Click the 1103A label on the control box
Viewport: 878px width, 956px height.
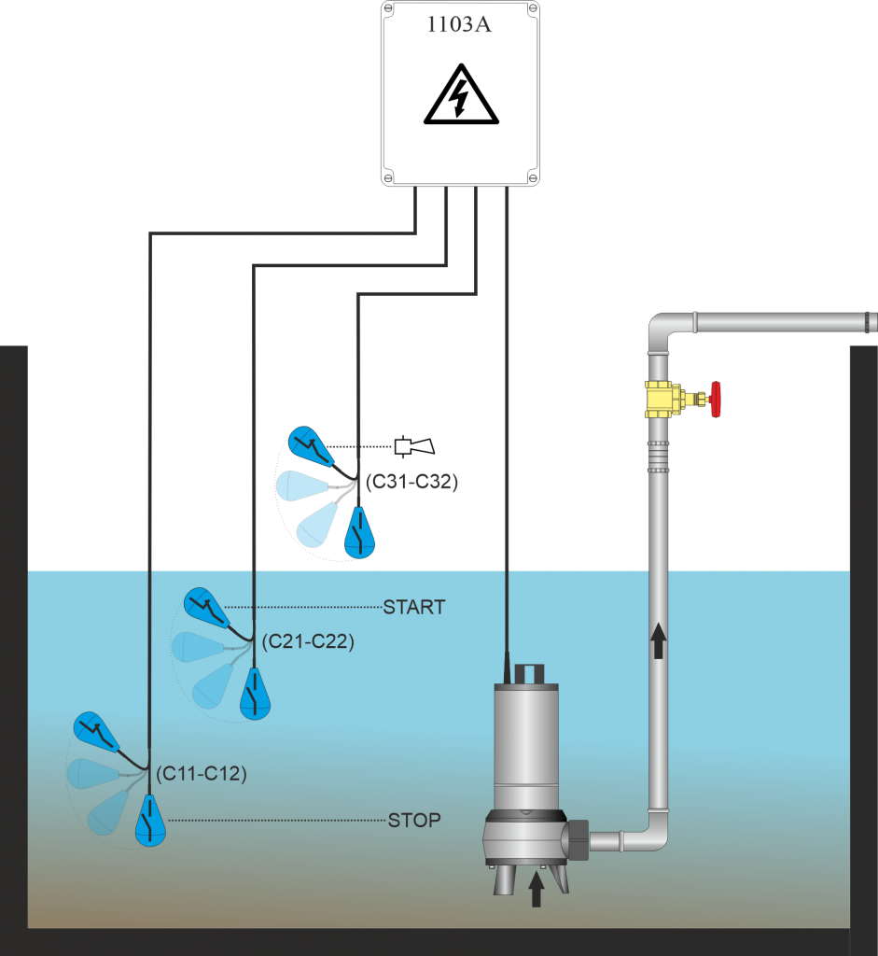459,25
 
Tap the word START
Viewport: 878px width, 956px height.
413,607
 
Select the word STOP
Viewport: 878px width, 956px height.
414,821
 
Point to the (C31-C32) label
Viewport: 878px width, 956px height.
411,483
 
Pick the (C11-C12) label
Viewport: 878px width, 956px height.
201,773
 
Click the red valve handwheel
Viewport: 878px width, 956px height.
716,399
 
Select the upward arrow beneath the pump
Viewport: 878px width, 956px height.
536,889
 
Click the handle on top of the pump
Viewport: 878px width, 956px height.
527,672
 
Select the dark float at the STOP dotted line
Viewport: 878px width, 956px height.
149,821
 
